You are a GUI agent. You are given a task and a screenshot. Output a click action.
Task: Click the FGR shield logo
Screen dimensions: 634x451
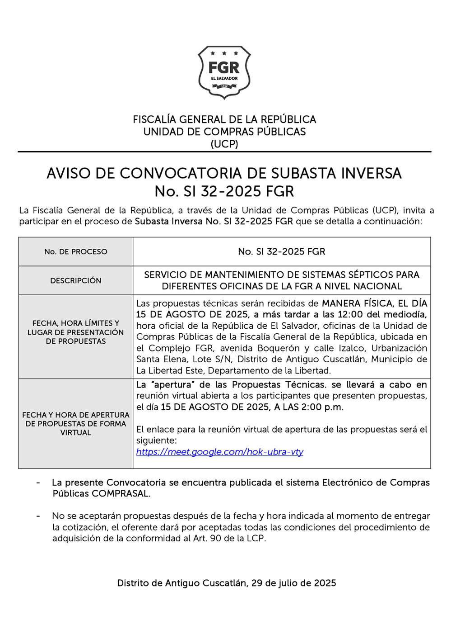point(224,72)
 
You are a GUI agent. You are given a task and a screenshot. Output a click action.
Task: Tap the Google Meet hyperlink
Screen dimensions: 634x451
point(219,452)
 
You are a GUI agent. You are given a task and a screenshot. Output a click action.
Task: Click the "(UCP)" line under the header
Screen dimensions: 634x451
point(224,144)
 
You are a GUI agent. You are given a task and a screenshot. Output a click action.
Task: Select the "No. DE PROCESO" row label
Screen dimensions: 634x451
point(76,252)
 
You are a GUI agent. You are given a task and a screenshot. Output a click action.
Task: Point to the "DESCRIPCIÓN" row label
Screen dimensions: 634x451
point(76,281)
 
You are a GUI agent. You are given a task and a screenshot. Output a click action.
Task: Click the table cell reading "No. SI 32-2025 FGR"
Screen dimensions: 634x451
point(282,252)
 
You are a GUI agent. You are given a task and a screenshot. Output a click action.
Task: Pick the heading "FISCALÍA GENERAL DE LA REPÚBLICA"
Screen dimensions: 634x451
point(224,119)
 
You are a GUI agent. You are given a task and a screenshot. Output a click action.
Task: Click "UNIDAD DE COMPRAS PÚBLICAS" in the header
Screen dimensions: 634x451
point(224,132)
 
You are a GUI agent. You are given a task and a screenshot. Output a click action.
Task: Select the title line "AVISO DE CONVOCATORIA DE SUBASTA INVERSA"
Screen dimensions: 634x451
point(224,173)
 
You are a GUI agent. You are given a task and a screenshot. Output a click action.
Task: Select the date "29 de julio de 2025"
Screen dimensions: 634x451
point(293,583)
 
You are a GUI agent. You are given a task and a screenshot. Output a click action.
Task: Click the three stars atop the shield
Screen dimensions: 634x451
point(224,53)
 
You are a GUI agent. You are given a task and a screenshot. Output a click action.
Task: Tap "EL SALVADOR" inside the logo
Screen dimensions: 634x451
point(224,79)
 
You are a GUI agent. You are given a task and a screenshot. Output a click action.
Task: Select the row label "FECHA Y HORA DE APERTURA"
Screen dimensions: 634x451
point(76,415)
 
